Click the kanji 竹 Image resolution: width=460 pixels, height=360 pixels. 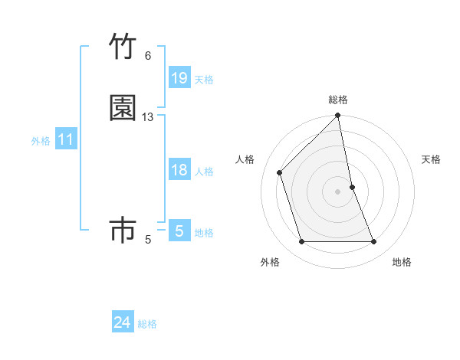point(123,47)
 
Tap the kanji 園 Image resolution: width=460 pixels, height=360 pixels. point(123,108)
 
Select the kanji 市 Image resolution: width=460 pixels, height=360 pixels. point(123,231)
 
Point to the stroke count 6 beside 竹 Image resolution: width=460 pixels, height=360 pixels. point(148,56)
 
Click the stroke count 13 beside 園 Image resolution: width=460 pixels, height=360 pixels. point(148,117)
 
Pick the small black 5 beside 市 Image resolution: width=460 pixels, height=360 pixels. point(148,240)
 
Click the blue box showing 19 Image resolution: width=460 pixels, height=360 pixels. point(179,78)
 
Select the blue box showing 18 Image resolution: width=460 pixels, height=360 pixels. point(179,170)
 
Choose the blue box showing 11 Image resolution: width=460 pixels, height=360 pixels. point(66,139)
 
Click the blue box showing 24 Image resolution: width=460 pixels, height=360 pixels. point(123,323)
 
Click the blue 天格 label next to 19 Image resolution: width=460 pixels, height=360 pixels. point(204,79)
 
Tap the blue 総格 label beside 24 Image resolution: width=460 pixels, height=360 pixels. point(147,324)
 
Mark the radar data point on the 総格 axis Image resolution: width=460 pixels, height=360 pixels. point(338,116)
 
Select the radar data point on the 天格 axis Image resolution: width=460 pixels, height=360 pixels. point(352,187)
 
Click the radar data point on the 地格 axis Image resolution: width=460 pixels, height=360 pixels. point(374,242)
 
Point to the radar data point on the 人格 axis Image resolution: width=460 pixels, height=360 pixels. point(280,172)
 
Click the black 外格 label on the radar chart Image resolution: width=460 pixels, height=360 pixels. point(270,262)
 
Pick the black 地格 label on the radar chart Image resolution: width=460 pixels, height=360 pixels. point(402,262)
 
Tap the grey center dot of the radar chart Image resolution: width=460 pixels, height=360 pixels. point(338,191)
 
